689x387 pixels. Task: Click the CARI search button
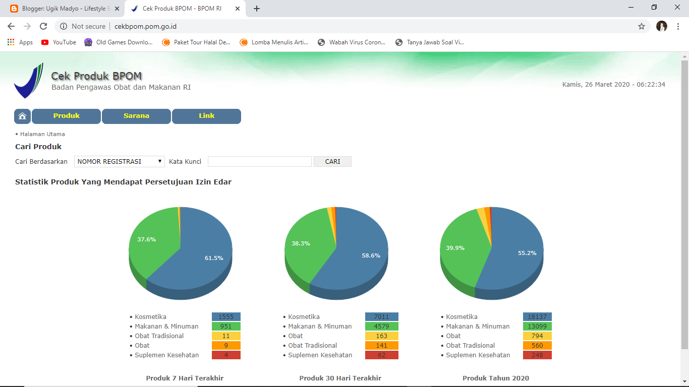332,162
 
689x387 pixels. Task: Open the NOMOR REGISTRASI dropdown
120,162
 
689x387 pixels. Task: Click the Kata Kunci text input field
260,162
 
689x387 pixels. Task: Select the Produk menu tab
67,116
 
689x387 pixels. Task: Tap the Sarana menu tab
136,116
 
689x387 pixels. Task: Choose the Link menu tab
206,116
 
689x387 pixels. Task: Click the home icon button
22,116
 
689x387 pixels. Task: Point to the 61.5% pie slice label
214,258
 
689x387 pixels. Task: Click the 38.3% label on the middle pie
301,243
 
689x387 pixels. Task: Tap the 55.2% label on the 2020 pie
527,253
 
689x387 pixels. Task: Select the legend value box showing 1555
226,317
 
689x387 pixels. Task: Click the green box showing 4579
381,327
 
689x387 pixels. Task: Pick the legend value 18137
537,317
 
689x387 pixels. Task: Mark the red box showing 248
537,355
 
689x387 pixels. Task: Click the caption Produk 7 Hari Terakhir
185,378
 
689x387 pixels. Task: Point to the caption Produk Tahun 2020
496,378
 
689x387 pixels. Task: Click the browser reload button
43,26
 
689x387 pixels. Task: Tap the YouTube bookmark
59,42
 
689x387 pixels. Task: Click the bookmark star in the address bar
642,26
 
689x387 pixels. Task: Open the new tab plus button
257,9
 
